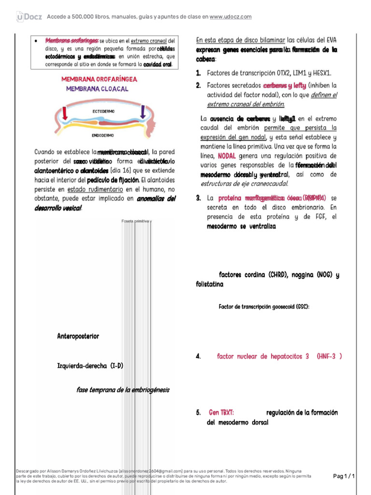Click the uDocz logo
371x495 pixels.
click(29, 17)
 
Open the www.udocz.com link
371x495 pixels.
click(231, 17)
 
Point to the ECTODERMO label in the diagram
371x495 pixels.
click(103, 111)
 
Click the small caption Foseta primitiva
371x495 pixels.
click(136, 221)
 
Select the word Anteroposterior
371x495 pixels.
click(78, 336)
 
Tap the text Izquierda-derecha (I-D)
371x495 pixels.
click(90, 365)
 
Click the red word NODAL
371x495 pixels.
click(227, 156)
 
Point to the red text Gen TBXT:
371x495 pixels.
click(222, 412)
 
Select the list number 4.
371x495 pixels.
click(198, 356)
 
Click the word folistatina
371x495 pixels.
click(210, 285)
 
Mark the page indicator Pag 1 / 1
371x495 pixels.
click(344, 476)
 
